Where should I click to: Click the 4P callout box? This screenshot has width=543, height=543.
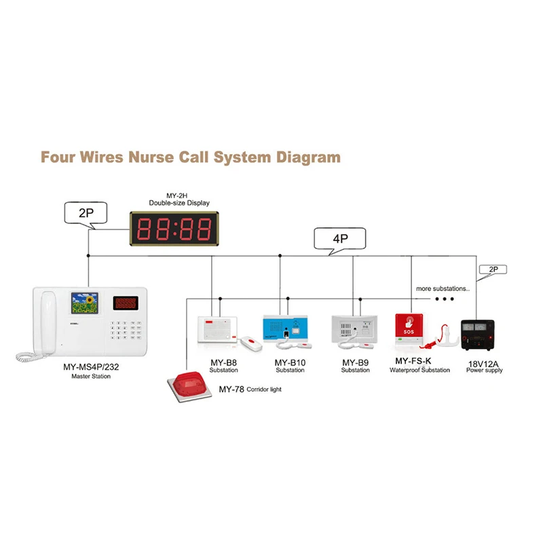pyautogui.click(x=339, y=239)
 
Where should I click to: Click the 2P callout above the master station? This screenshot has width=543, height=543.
pyautogui.click(x=86, y=212)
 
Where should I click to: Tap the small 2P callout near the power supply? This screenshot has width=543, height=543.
pyautogui.click(x=493, y=269)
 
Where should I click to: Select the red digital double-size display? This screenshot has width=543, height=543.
pyautogui.click(x=174, y=229)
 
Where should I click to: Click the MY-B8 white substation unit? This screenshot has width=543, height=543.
pyautogui.click(x=216, y=330)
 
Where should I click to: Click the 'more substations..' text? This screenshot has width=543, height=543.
pyautogui.click(x=443, y=288)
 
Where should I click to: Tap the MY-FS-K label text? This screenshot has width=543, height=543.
pyautogui.click(x=413, y=361)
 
